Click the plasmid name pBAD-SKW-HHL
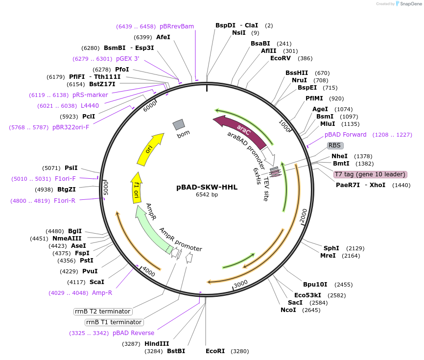[x=207, y=187]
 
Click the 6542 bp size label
[x=207, y=195]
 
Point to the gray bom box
[x=178, y=125]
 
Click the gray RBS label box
[x=335, y=145]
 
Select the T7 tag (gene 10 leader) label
[x=370, y=174]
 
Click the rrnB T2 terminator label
[x=102, y=312]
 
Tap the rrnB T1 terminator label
[x=114, y=322]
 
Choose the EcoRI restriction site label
[x=215, y=351]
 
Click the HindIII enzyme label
[x=157, y=344]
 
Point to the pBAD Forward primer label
[x=345, y=135]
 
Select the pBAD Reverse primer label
[x=133, y=333]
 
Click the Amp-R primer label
[x=102, y=293]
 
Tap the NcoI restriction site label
[x=288, y=310]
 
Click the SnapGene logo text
[x=410, y=4]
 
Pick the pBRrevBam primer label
[x=177, y=26]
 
